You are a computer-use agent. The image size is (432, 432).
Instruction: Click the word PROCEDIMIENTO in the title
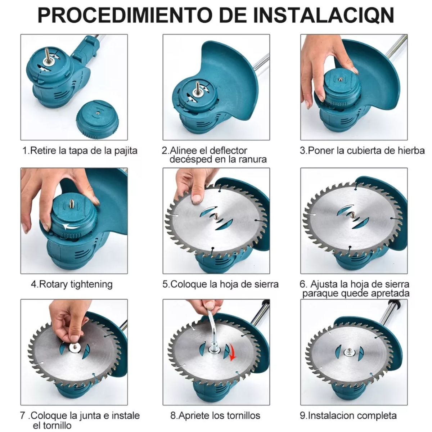[125, 15]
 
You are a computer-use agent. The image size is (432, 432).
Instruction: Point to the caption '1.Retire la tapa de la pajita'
[80, 150]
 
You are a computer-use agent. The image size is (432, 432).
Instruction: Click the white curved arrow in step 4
[71, 227]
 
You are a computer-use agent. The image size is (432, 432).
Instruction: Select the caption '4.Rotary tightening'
[72, 284]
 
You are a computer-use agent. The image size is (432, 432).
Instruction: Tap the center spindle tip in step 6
[353, 214]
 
